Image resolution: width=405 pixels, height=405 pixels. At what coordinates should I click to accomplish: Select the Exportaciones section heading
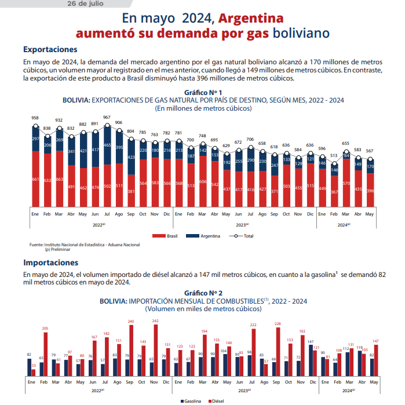coord(50,50)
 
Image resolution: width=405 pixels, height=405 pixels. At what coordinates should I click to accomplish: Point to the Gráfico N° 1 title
coord(203,92)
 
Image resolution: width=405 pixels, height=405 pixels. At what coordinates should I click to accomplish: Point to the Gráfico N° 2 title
coord(203,294)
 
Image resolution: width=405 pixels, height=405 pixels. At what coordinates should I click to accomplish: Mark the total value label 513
coord(334,155)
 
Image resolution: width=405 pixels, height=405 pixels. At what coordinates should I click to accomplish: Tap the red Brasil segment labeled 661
coord(35,179)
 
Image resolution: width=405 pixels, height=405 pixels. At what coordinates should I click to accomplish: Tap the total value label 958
coord(35,118)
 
